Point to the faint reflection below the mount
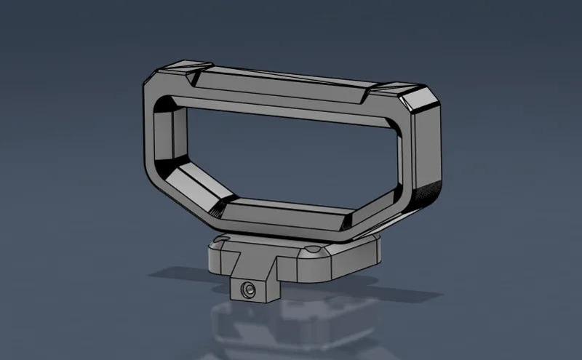[291, 327]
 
